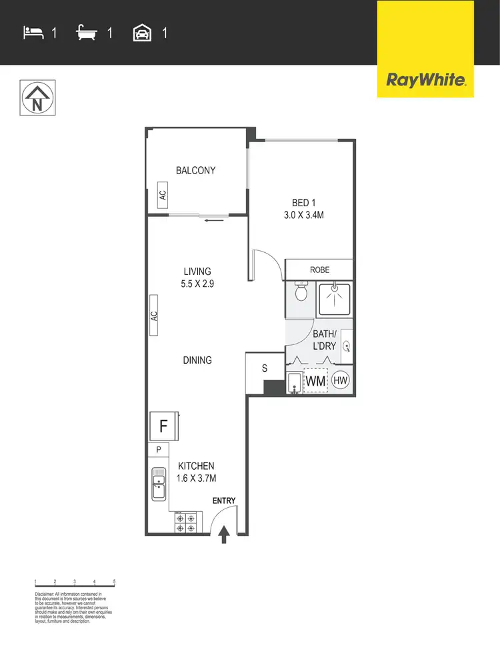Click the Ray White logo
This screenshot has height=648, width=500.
pos(426,80)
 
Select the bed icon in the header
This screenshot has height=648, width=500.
pos(33,32)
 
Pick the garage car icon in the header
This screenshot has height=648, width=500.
pos(143,32)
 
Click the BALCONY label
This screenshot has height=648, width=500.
pos(195,170)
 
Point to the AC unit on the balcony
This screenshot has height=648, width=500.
pos(161,195)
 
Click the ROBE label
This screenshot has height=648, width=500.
pos(320,270)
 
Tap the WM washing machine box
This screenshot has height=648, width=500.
pos(315,380)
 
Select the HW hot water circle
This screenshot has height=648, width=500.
pos(340,380)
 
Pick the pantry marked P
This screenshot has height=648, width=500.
pos(158,450)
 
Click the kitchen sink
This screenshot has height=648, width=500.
pos(159,483)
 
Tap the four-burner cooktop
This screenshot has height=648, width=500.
pos(184,522)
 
